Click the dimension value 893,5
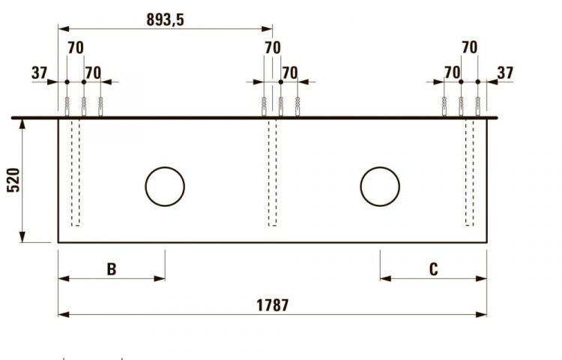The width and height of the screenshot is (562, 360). click(165, 20)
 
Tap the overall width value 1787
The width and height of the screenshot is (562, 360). click(272, 305)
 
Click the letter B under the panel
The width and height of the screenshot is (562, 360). click(112, 269)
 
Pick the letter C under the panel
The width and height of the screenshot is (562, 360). click(433, 269)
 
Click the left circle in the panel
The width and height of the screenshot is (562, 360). click(165, 187)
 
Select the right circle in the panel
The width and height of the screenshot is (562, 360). click(380, 187)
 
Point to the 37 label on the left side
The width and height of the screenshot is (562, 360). click(39, 73)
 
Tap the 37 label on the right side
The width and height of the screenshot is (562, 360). click(505, 73)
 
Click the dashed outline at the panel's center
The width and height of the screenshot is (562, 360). click(272, 172)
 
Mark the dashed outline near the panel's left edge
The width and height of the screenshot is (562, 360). click(75, 172)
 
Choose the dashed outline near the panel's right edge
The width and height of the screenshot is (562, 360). click(470, 172)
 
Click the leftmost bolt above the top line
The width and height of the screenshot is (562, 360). click(67, 107)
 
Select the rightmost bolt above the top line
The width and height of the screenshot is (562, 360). click(478, 107)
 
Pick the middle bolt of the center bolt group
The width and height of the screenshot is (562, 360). click(280, 107)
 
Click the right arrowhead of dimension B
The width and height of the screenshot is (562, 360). click(160, 278)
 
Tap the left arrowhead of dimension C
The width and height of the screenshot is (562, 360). click(385, 278)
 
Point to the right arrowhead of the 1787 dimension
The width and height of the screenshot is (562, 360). click(482, 314)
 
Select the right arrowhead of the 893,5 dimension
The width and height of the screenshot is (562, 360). click(268, 29)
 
